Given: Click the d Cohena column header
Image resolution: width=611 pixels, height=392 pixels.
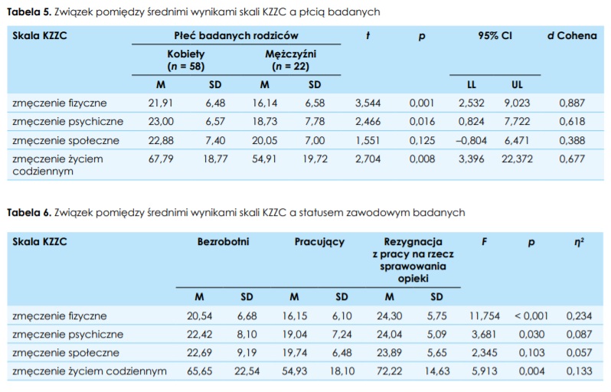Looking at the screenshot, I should [x=571, y=35].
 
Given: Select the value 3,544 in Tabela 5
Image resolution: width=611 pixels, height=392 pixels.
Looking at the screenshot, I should [x=368, y=103].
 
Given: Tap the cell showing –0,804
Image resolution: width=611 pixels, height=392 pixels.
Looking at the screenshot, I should [x=472, y=140].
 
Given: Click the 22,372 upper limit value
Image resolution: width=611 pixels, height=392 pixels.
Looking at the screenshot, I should [x=517, y=158].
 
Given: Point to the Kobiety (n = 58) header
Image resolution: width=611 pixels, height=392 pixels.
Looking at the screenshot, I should [x=186, y=60].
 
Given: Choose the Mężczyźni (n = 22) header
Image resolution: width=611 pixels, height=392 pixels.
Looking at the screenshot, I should [x=290, y=60].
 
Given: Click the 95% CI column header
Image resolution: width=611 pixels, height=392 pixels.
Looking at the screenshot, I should [x=495, y=35].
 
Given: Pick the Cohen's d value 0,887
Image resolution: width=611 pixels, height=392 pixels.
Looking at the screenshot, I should [x=571, y=103].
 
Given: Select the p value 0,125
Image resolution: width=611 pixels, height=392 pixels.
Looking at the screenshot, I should [x=421, y=140].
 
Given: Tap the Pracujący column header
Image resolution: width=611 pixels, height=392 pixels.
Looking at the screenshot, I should [x=319, y=242].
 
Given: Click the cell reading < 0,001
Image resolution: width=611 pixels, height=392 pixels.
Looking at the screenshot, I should [x=531, y=315].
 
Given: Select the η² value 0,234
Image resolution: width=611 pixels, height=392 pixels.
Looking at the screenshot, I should [x=579, y=315].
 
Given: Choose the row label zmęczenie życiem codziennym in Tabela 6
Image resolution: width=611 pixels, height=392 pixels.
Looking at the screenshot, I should [x=90, y=371].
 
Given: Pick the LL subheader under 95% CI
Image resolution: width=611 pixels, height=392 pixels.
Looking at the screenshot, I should [x=472, y=84].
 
